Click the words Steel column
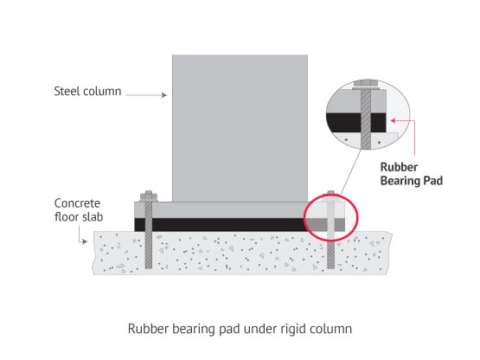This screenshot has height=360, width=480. tap(87, 92)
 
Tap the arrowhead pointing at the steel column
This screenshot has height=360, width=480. tap(164, 95)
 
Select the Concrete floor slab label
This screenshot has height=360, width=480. tap(79, 210)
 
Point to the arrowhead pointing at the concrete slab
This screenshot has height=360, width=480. tap(85, 241)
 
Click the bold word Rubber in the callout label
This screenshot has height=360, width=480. tap(399, 167)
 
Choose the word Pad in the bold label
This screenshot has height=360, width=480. tap(432, 181)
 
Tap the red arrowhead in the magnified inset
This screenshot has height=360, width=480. tap(394, 120)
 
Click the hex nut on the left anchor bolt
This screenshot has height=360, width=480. tap(149, 196)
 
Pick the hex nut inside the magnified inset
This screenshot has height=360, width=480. tap(366, 83)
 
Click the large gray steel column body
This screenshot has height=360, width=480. tap(240, 128)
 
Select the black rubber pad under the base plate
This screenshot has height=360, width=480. tap(220, 225)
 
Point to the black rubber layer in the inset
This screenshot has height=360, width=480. tap(355, 123)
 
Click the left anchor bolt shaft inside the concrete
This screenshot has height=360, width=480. tap(149, 250)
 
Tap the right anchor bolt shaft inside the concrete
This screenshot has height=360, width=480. tap(331, 254)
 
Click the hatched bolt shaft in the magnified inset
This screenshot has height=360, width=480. tap(366, 119)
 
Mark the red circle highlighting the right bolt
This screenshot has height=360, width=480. tap(304, 217)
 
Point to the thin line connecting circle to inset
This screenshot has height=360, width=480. tap(350, 171)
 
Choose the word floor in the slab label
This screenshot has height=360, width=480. tap(66, 217)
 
